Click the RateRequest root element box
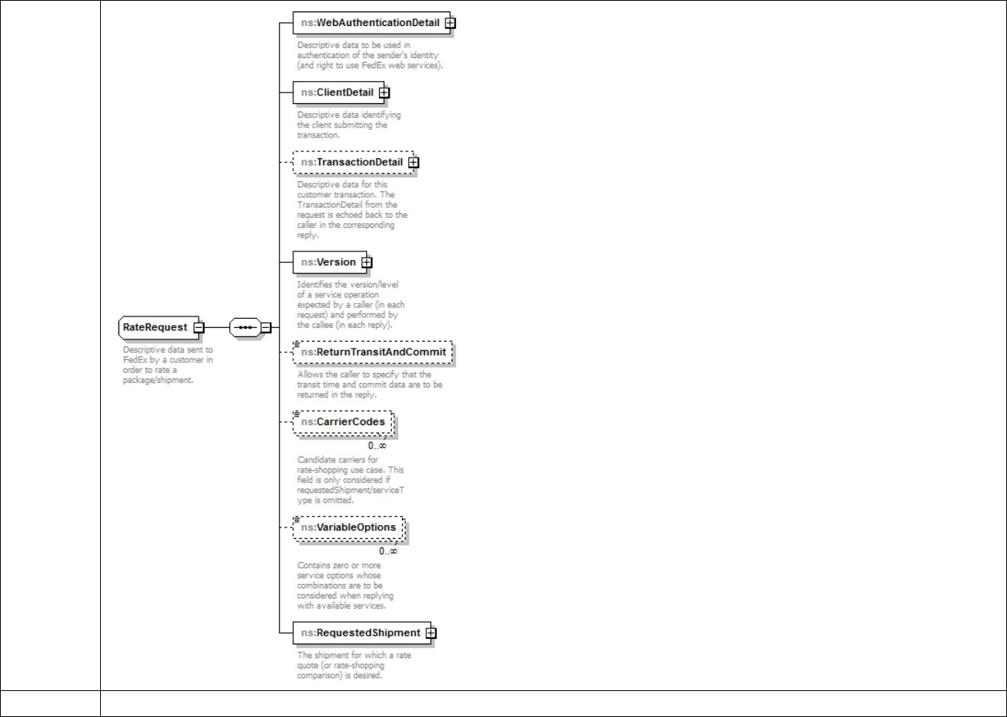click(x=155, y=328)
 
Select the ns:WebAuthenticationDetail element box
click(x=370, y=23)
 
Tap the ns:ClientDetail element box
click(x=337, y=92)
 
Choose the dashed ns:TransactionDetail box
click(x=351, y=162)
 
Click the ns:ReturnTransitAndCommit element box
click(x=373, y=352)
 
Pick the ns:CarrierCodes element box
click(x=343, y=422)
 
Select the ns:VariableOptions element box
click(x=348, y=527)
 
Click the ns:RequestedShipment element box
click(x=360, y=633)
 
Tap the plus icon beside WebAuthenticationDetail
click(x=451, y=23)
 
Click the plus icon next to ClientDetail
click(x=384, y=92)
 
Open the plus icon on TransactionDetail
click(x=413, y=162)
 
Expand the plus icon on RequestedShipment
click(x=431, y=633)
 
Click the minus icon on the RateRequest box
click(x=199, y=328)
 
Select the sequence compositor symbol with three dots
click(x=244, y=328)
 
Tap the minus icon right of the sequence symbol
click(x=266, y=328)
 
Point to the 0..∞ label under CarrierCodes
click(x=377, y=446)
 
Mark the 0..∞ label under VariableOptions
click(x=388, y=551)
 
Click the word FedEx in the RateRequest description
click(x=135, y=360)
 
